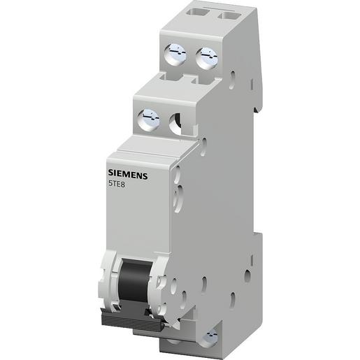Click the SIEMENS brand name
128,175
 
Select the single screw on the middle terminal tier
148,117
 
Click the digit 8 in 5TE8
126,185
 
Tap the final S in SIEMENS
145,176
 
